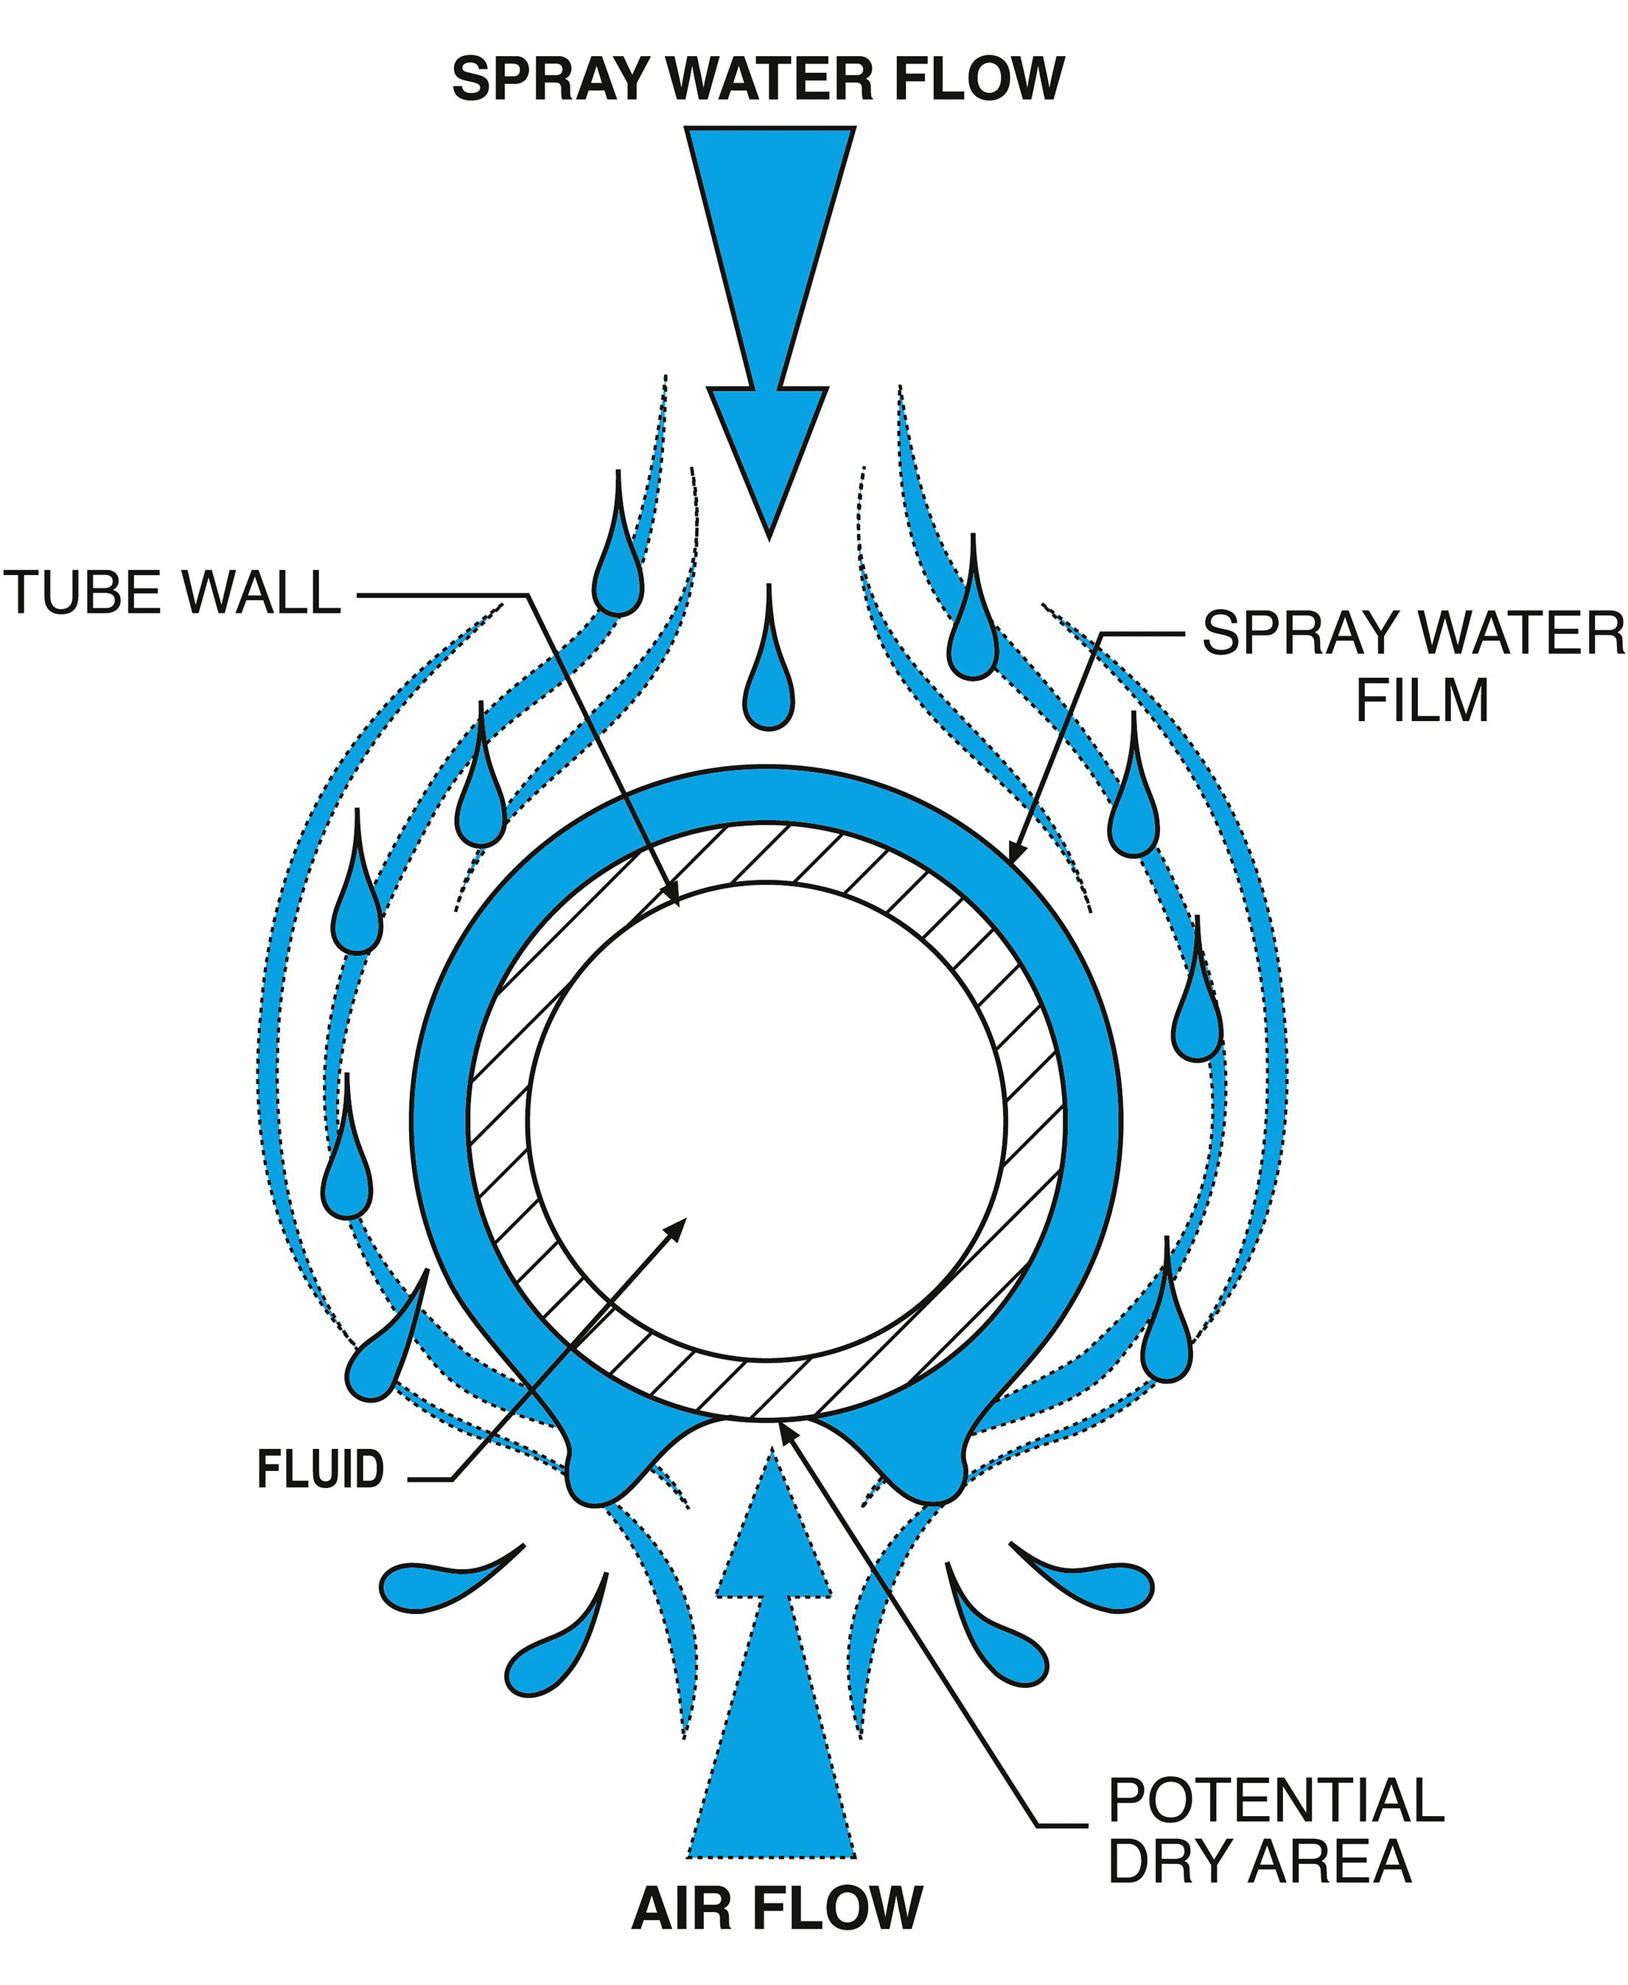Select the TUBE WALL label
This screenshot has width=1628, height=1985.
[x=172, y=593]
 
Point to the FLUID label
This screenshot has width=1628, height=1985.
[x=321, y=1469]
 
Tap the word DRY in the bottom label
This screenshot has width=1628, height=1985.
[x=1167, y=1861]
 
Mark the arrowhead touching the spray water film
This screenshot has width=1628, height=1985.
[x=1016, y=847]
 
